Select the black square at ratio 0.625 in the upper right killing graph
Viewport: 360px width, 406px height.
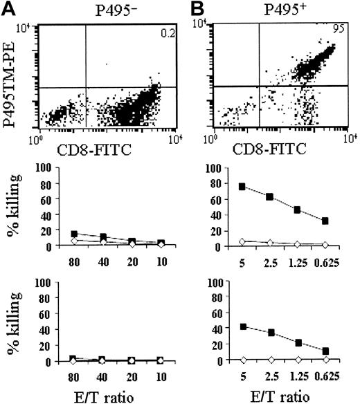coord(324,221)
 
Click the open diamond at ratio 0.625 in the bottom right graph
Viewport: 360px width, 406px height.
coord(324,360)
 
